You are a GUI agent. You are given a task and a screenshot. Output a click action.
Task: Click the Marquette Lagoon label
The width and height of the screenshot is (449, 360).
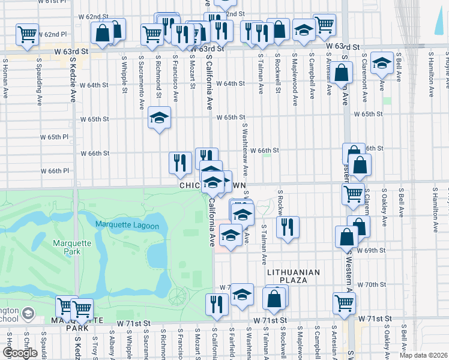pos(127,226)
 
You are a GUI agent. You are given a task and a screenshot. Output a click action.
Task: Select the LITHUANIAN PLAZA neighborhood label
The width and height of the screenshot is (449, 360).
pos(294,276)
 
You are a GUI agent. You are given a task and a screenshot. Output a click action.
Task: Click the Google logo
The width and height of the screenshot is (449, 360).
pos(20,353)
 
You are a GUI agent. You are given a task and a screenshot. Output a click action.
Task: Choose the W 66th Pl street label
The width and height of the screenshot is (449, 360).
pos(64,171)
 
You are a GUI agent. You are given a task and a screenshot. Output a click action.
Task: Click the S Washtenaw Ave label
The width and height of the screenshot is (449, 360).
pos(245,150)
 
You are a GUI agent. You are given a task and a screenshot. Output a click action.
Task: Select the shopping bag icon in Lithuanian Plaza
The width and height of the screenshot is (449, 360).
pos(274,298)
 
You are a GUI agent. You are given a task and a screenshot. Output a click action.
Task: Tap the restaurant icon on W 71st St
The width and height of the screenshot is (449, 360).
pos(216,304)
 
